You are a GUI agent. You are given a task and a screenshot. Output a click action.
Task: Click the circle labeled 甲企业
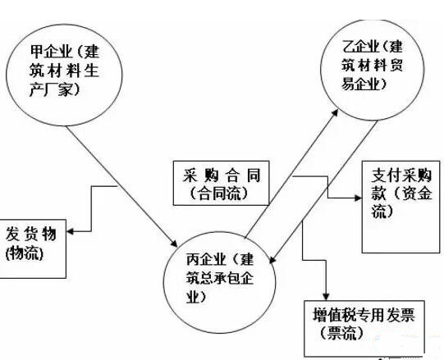tap(64, 24)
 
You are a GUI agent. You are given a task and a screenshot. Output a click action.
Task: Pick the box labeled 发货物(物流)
tap(66, 248)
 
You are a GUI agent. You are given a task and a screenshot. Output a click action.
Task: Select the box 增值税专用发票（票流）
tap(364, 301)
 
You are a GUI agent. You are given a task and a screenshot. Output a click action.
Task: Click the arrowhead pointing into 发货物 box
tap(71, 231)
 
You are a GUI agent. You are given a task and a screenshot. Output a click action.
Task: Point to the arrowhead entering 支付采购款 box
tap(358, 198)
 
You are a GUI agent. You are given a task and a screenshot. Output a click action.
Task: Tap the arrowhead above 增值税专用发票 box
tap(326, 296)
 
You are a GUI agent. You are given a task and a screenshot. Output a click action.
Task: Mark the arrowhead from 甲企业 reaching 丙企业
tap(174, 243)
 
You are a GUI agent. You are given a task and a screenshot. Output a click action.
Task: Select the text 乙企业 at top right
tap(360, 46)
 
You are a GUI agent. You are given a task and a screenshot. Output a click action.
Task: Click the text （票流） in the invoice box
tap(341, 333)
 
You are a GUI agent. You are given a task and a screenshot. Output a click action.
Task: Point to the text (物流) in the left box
tap(25, 253)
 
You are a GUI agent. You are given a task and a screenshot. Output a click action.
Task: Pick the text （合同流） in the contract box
tap(219, 194)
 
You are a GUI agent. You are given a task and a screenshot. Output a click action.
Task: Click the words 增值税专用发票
tap(364, 315)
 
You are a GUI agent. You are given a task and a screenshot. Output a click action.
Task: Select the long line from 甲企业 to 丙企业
tap(121, 185)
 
